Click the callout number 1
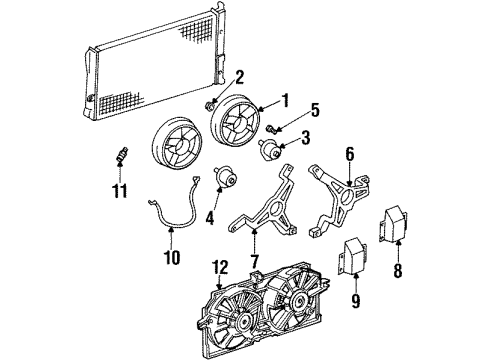pyautogui.click(x=285, y=100)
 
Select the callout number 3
pyautogui.click(x=307, y=136)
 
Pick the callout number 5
pyautogui.click(x=313, y=110)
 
